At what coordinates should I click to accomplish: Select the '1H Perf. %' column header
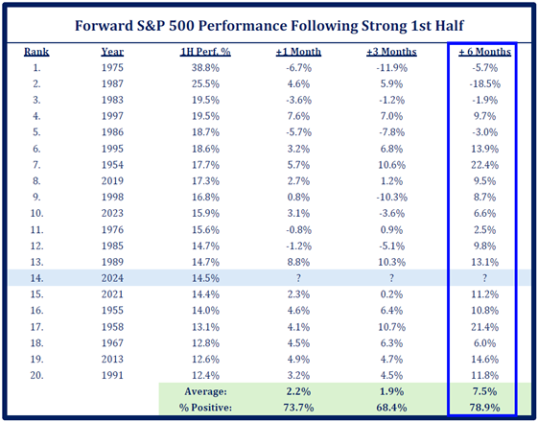click(205, 52)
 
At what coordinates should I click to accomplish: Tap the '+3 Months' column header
click(391, 52)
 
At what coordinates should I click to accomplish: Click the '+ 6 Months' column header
click(485, 52)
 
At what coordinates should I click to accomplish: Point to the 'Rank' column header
click(36, 52)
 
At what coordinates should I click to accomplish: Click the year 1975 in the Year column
click(112, 67)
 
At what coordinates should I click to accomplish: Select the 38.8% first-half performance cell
click(205, 67)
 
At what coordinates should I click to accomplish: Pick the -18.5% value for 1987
click(485, 83)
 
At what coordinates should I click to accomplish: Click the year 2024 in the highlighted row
click(112, 278)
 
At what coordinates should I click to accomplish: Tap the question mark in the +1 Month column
click(298, 278)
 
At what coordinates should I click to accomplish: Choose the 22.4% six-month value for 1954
click(485, 165)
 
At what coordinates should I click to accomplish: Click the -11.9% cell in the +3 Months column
click(391, 67)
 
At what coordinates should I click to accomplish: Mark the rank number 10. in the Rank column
click(36, 214)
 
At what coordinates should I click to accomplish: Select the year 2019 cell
click(112, 181)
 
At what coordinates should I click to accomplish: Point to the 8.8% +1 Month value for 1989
click(298, 262)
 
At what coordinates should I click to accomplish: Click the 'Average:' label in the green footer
click(205, 391)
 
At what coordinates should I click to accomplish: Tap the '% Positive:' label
click(205, 408)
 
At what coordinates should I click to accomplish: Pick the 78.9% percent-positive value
click(485, 408)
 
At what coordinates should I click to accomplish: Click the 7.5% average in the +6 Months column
click(485, 391)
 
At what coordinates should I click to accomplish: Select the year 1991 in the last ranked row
click(112, 375)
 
